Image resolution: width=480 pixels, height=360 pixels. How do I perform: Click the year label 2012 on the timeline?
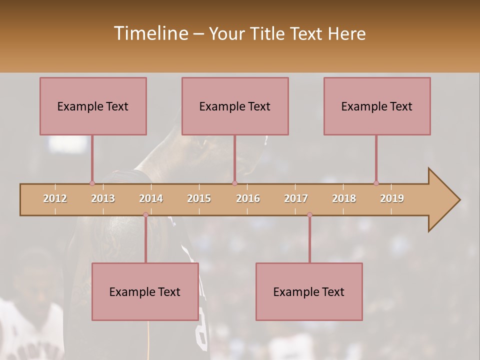[55, 198]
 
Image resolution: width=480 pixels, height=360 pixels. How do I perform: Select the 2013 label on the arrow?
[103, 198]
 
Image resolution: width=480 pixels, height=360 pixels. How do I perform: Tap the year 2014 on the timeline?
[151, 198]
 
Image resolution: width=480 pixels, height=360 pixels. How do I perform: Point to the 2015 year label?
[199, 198]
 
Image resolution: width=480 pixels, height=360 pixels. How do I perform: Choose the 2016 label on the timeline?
[248, 198]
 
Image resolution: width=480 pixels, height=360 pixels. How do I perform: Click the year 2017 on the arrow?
[296, 198]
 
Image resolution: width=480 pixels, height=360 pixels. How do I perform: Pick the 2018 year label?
[344, 198]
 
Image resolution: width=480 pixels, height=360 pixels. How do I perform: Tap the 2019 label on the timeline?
[392, 198]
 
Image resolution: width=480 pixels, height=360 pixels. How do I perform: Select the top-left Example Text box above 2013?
[93, 106]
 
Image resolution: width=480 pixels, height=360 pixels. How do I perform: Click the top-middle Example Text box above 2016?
[235, 106]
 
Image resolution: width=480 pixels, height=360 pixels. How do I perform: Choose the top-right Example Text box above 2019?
[377, 106]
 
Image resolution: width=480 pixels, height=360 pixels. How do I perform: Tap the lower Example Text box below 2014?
[145, 291]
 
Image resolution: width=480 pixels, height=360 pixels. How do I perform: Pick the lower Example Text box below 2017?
[309, 291]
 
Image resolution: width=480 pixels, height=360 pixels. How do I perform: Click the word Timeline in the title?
[150, 33]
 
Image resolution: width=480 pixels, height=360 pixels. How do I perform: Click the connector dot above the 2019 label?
[376, 183]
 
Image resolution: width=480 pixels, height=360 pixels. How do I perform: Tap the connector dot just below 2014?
[145, 215]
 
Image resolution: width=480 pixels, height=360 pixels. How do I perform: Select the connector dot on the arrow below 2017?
[309, 215]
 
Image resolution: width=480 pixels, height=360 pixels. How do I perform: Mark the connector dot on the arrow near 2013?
[92, 183]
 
